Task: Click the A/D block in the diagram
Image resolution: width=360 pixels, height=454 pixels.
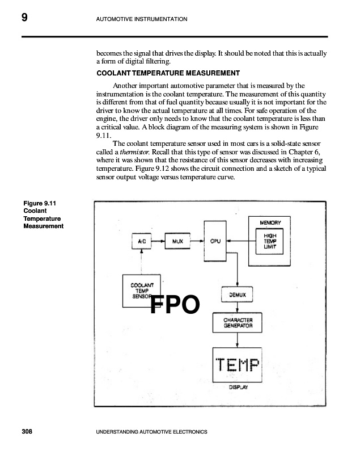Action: click(x=139, y=241)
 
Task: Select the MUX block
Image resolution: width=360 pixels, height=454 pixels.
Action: click(x=177, y=241)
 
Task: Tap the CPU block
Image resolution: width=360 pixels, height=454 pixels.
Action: click(x=215, y=241)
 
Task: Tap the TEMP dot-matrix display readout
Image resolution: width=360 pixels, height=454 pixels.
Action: click(x=238, y=364)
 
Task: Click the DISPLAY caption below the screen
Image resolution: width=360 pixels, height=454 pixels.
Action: click(x=238, y=388)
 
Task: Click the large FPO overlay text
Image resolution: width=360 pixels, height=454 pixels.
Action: click(x=175, y=305)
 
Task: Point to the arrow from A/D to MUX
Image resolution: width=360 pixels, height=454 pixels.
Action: click(x=156, y=241)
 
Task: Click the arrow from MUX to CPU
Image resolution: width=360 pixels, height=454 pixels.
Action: click(x=196, y=241)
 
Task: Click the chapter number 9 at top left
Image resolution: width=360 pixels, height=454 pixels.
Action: click(x=24, y=18)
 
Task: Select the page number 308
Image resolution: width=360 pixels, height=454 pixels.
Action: click(x=27, y=432)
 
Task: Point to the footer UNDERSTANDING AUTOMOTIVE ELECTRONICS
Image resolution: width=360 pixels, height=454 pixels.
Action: click(x=153, y=432)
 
